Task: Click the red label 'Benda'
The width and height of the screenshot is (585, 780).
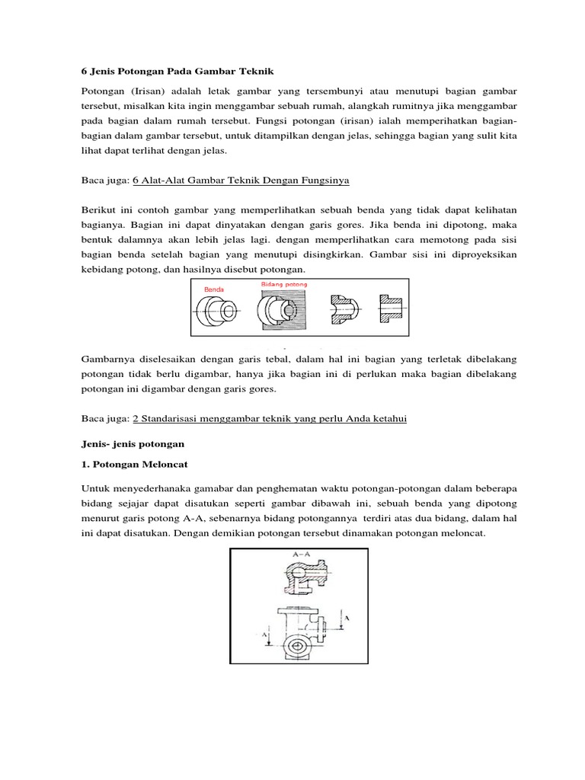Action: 213,290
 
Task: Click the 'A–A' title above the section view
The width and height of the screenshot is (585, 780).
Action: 294,555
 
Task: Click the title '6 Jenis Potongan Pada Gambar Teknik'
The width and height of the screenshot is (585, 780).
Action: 176,70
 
